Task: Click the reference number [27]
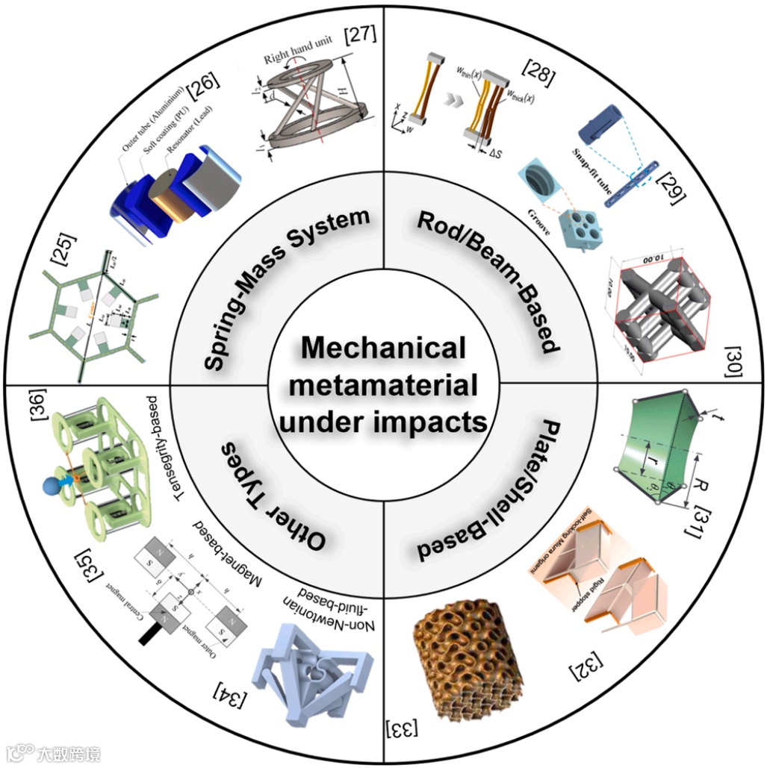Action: pyautogui.click(x=359, y=34)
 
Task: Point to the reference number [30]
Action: pyautogui.click(x=733, y=362)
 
